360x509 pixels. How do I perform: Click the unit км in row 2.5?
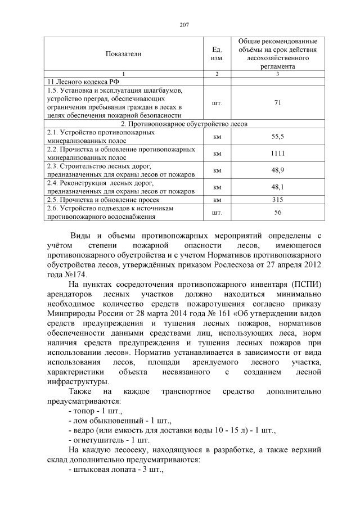click(x=217, y=200)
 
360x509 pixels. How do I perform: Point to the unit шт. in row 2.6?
click(x=217, y=212)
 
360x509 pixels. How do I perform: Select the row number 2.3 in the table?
click(x=53, y=166)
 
